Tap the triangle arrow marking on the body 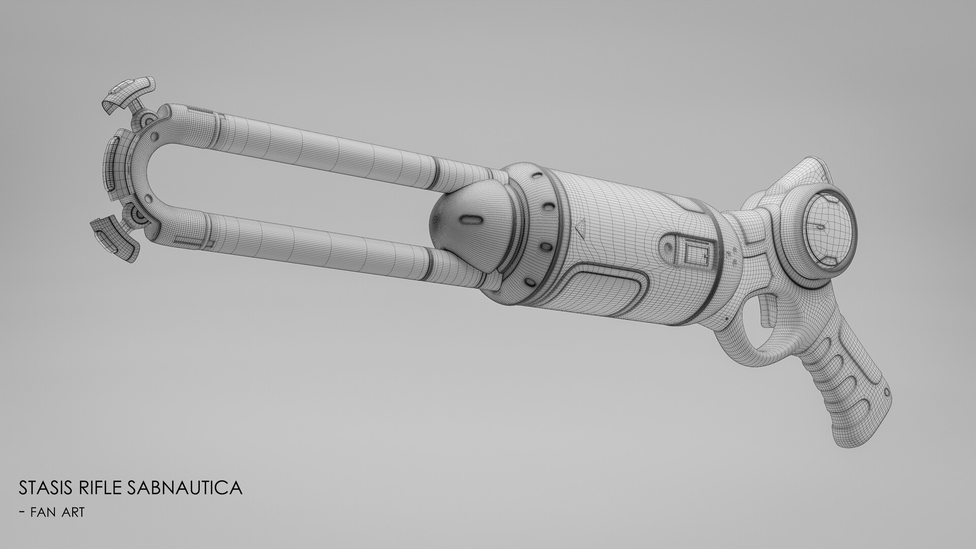580,227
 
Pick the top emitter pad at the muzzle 130,90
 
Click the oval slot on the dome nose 471,220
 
